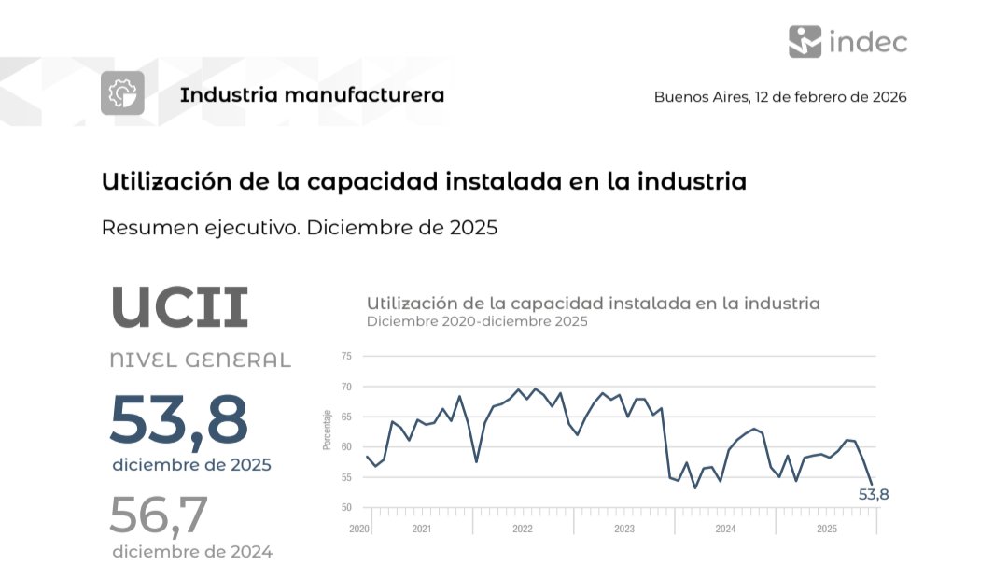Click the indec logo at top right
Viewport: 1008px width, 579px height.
(x=847, y=41)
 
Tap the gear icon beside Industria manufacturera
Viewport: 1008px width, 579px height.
(x=122, y=93)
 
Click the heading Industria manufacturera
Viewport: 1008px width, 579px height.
(x=312, y=95)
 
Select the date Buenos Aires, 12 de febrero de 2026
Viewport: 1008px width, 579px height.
(x=779, y=97)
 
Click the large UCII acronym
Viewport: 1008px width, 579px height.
(x=179, y=307)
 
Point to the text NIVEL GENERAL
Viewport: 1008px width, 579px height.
(x=200, y=360)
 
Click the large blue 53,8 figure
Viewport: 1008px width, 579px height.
(x=179, y=420)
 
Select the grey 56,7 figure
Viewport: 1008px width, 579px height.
(x=158, y=515)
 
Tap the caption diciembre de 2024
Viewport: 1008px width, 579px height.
(x=192, y=552)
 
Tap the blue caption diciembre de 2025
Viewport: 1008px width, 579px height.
(x=191, y=465)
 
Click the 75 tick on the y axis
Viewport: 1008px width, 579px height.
(x=346, y=357)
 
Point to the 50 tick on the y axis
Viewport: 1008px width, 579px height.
(x=346, y=508)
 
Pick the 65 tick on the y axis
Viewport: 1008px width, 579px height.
(x=346, y=417)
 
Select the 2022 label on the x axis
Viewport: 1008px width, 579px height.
(x=523, y=530)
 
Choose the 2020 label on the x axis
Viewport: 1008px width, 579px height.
(x=359, y=530)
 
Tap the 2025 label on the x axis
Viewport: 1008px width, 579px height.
(x=826, y=530)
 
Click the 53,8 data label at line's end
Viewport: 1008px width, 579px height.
(x=874, y=495)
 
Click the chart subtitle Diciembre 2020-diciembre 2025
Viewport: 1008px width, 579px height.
(x=477, y=322)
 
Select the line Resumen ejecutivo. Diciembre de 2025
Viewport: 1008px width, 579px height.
(x=299, y=228)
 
